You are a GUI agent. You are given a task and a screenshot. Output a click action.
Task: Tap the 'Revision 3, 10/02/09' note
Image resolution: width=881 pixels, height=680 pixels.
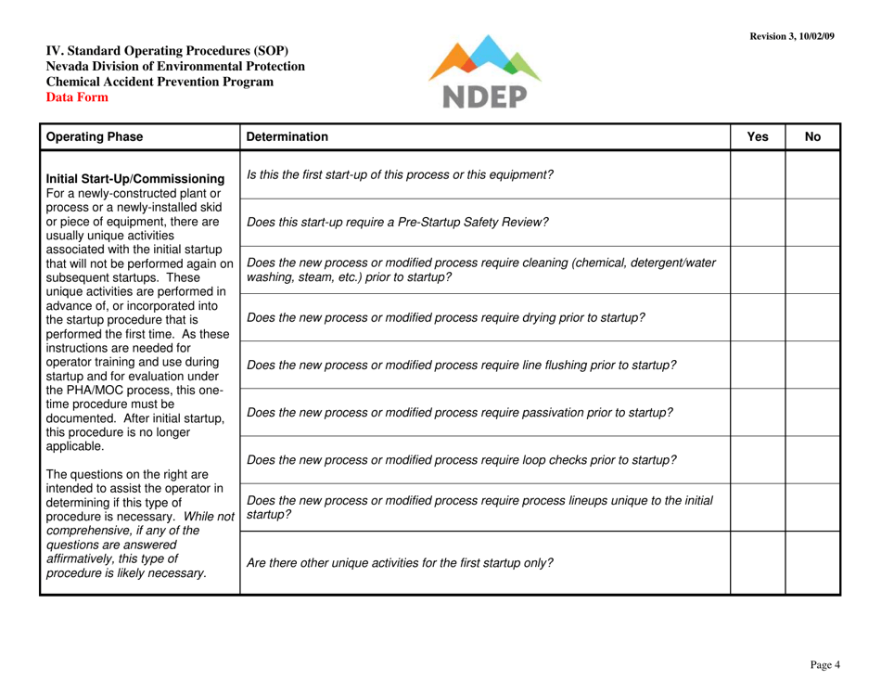click(x=791, y=35)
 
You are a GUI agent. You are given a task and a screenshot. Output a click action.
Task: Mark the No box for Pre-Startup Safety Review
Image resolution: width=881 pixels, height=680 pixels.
click(x=813, y=224)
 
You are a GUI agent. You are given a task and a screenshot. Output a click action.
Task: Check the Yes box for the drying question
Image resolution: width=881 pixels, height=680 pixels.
click(x=758, y=319)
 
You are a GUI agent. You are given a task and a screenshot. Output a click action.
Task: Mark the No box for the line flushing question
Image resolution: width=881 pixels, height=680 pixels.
click(x=813, y=366)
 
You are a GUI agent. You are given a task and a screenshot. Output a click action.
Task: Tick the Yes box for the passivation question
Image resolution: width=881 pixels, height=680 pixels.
click(x=758, y=414)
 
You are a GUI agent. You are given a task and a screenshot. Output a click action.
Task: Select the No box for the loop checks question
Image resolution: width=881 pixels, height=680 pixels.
click(x=813, y=461)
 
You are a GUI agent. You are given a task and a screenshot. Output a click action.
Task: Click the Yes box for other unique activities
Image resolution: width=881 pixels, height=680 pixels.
click(x=758, y=562)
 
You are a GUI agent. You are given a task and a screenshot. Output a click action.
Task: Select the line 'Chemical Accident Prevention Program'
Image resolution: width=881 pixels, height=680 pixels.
click(x=160, y=82)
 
